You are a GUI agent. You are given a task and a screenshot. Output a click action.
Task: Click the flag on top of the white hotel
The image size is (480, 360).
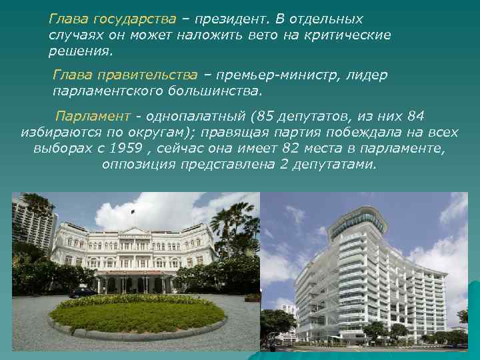(x=133, y=212)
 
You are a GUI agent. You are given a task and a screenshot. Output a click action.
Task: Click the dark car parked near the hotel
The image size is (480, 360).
(x=83, y=292)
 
